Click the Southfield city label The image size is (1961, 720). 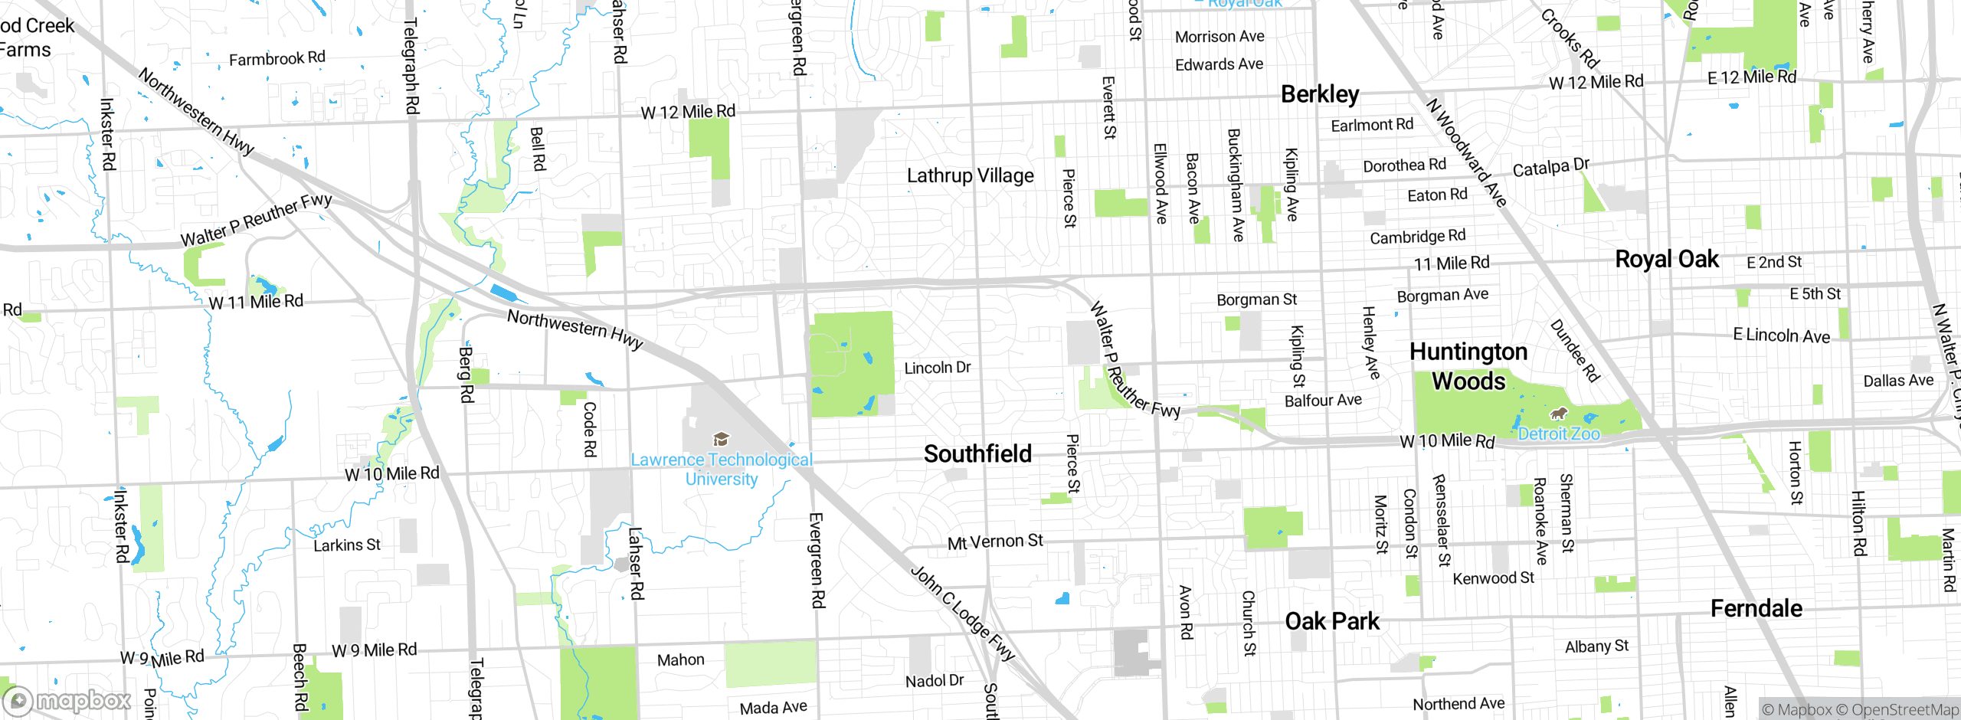[x=977, y=453]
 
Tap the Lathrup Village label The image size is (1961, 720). [x=970, y=175]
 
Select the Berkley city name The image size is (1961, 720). [x=1320, y=94]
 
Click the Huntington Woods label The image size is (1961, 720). [x=1468, y=366]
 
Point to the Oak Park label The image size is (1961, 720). [x=1332, y=621]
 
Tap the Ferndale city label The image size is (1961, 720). [x=1756, y=609]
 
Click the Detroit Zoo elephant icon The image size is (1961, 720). [x=1558, y=414]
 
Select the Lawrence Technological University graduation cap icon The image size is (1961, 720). [x=721, y=440]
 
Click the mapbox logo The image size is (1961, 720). [x=67, y=701]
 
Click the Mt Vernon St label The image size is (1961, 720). [x=995, y=542]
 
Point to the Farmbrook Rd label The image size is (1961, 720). [x=277, y=59]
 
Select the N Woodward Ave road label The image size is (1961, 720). [x=1466, y=152]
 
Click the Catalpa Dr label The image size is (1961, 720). [x=1550, y=167]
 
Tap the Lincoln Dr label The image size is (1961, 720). [x=937, y=368]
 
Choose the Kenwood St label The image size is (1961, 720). [x=1493, y=578]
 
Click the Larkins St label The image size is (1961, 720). [x=346, y=545]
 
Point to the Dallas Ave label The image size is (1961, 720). [x=1897, y=381]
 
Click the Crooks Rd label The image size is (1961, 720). [x=1570, y=39]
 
